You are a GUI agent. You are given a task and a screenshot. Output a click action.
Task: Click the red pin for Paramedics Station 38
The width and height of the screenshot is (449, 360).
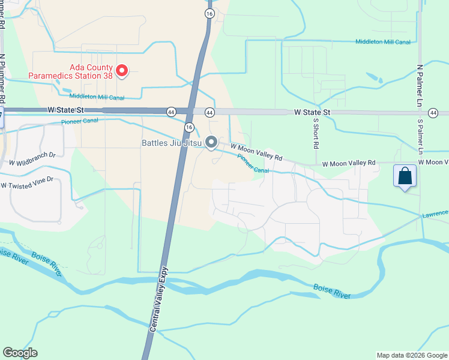pyautogui.click(x=122, y=71)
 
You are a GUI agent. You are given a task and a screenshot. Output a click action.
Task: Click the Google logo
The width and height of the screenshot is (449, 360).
pyautogui.click(x=20, y=353)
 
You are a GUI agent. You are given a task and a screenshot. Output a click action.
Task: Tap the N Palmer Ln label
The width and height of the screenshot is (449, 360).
pyautogui.click(x=420, y=81)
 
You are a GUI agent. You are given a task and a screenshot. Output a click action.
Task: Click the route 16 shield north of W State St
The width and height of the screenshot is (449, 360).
pyautogui.click(x=209, y=13)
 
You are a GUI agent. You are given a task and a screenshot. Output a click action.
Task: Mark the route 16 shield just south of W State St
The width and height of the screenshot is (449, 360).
pyautogui.click(x=189, y=127)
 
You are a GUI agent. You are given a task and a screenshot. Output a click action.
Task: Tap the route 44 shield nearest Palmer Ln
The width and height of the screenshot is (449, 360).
pyautogui.click(x=433, y=113)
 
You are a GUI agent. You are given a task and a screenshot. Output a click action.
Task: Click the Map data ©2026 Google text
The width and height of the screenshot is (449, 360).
pyautogui.click(x=412, y=355)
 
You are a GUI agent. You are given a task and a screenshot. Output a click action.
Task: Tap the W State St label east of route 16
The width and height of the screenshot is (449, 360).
pyautogui.click(x=312, y=113)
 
